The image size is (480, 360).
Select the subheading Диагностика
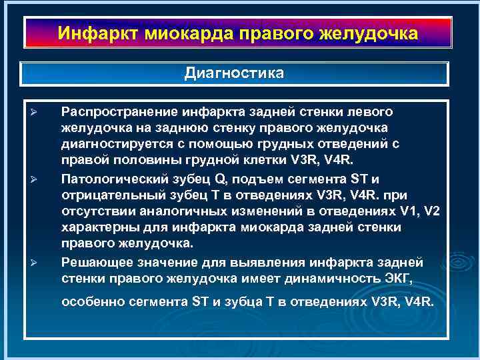point(233,73)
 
